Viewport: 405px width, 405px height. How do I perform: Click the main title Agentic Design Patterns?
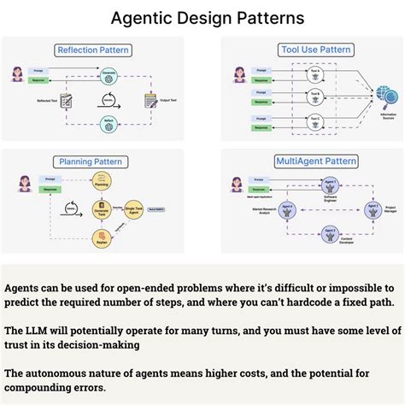point(202,17)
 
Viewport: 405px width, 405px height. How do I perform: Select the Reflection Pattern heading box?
point(92,50)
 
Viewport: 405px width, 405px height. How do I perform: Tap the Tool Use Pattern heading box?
point(314,50)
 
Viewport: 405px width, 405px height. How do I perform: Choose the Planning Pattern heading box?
point(93,161)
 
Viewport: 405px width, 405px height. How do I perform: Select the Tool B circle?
point(315,93)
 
